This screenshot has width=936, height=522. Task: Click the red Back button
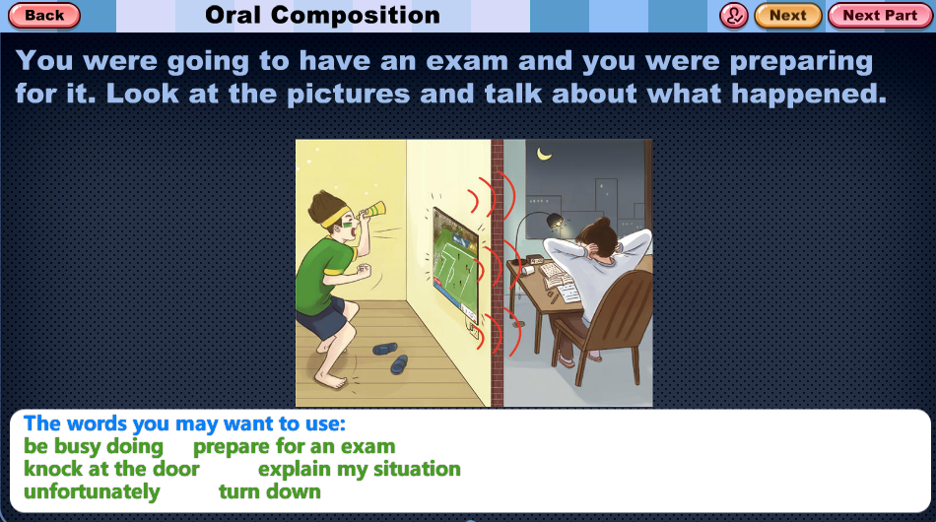(44, 16)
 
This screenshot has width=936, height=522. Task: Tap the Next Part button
(880, 16)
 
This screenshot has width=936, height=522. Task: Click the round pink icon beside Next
(734, 16)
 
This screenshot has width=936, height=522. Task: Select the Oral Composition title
(322, 16)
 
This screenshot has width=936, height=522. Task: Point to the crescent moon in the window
(544, 155)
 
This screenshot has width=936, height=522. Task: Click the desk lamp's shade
(555, 221)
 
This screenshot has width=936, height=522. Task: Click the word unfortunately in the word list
(92, 492)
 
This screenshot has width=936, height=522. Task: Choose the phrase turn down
(270, 492)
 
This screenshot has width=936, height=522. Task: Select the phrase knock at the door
(111, 469)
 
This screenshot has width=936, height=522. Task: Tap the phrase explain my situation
(360, 470)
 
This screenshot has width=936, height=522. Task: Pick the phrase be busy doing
(94, 447)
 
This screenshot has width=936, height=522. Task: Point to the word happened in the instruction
(809, 94)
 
